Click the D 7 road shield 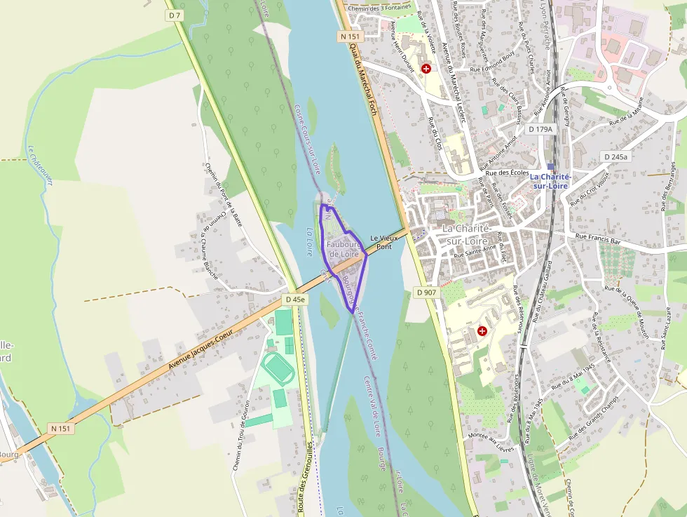point(175,15)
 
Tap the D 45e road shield point(296,300)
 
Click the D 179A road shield point(540,129)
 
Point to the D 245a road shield point(615,157)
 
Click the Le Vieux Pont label point(383,243)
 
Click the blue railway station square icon point(550,167)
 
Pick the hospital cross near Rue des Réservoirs point(482,330)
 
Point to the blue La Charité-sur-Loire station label point(550,181)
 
